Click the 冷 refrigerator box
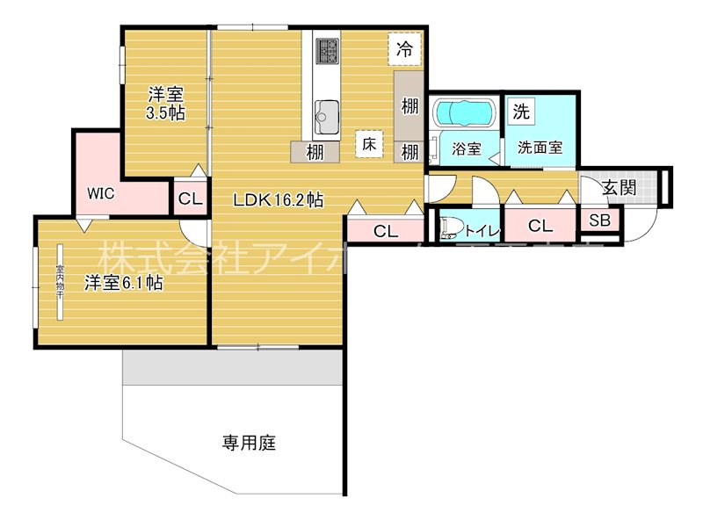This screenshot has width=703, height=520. [x=404, y=49]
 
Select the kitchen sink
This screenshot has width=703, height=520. [x=328, y=113]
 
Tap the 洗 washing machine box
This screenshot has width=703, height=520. [x=521, y=112]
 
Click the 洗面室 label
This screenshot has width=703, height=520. [x=540, y=148]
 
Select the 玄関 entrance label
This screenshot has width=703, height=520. [x=620, y=186]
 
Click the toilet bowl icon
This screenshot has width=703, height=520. [x=450, y=228]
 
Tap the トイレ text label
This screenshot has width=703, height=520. [x=482, y=231]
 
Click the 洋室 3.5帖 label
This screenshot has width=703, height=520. [x=165, y=103]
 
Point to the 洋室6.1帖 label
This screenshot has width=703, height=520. [x=123, y=283]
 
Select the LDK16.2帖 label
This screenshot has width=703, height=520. [x=278, y=200]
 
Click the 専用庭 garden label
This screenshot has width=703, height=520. [x=249, y=444]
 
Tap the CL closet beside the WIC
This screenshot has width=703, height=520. [x=190, y=199]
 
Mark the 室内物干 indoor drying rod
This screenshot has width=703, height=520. [x=61, y=282]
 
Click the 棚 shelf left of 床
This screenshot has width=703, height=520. [x=315, y=151]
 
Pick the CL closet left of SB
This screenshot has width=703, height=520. [x=540, y=226]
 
